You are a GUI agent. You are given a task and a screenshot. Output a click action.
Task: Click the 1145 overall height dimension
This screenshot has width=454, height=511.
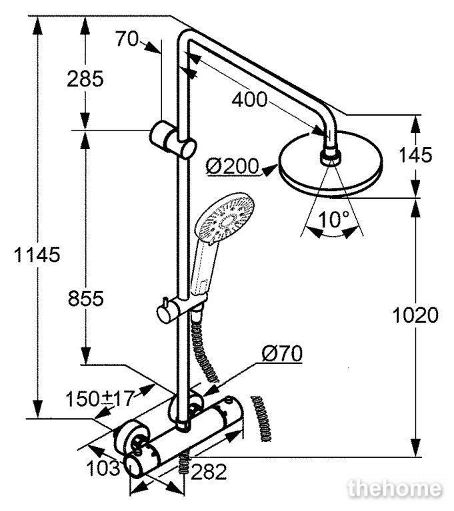pyautogui.click(x=37, y=255)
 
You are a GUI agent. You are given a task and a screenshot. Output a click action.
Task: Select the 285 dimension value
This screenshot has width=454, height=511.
pyautogui.click(x=85, y=79)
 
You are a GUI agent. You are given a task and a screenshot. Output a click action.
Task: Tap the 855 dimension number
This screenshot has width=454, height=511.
pyautogui.click(x=85, y=298)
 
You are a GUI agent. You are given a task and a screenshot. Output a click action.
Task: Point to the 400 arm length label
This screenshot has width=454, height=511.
pyautogui.click(x=249, y=99)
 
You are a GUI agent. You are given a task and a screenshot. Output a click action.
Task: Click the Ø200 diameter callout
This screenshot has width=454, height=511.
pyautogui.click(x=232, y=166)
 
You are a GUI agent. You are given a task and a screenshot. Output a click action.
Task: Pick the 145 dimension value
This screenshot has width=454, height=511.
pyautogui.click(x=415, y=155)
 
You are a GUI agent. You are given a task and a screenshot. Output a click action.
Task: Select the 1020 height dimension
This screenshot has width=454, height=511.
pyautogui.click(x=415, y=315)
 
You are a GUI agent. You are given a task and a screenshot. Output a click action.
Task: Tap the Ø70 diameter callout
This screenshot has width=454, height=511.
pyautogui.click(x=282, y=353)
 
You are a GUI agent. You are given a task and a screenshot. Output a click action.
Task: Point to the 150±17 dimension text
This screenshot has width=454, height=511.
pyautogui.click(x=100, y=399)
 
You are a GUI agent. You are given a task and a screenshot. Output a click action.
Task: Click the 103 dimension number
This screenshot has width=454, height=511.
pyautogui.click(x=103, y=468)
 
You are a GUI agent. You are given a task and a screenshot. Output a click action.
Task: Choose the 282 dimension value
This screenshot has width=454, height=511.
pyautogui.click(x=209, y=472)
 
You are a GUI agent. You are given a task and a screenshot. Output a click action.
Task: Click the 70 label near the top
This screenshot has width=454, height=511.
pyautogui.click(x=127, y=39)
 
